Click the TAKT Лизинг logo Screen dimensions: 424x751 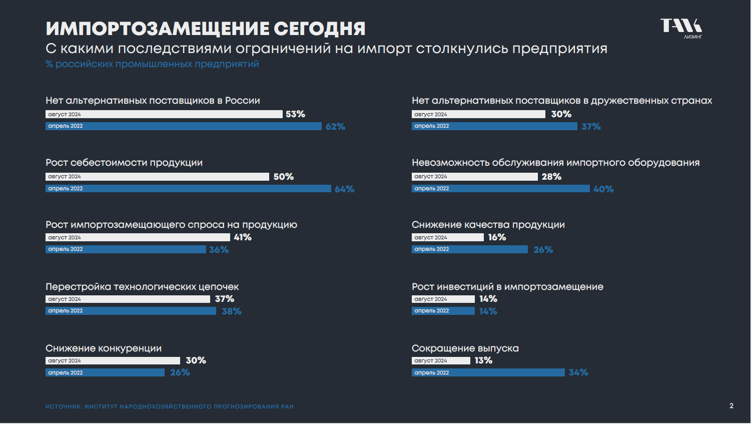681,28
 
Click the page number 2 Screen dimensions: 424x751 731,406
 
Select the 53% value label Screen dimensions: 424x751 295,114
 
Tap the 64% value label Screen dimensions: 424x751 344,189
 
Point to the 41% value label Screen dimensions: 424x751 243,237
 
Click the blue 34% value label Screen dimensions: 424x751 578,372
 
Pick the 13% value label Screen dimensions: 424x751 483,360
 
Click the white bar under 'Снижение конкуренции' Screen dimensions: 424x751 113,360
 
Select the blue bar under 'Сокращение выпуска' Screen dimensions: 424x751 488,372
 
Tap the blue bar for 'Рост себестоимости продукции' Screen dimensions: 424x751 188,189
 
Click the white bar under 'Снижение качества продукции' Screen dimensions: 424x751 447,237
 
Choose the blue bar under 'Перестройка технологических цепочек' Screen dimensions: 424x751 131,311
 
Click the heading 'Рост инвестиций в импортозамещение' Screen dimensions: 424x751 507,287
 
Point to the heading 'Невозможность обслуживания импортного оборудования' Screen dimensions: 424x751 555,163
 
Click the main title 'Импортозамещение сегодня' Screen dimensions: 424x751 205,29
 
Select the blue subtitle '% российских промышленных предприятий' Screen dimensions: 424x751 152,64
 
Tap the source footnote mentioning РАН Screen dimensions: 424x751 169,406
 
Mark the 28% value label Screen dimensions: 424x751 551,177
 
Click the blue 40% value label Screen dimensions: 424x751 603,189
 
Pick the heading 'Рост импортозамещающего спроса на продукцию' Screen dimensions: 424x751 171,225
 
